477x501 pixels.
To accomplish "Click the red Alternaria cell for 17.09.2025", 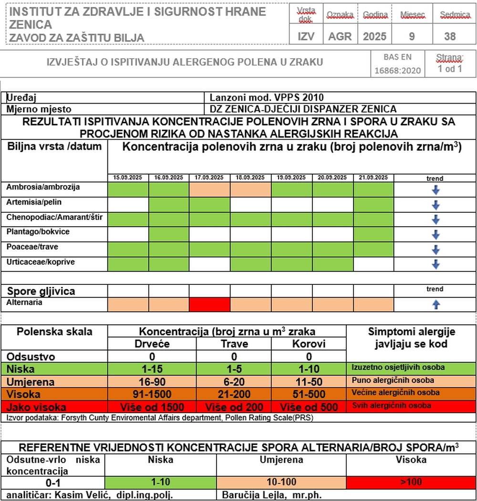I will pyautogui.click(x=209, y=304).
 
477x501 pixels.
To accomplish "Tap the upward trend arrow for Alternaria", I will pyautogui.click(x=435, y=305).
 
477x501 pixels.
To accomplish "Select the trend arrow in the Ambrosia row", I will pyautogui.click(x=435, y=190).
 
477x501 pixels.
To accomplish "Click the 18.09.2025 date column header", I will pyautogui.click(x=250, y=177).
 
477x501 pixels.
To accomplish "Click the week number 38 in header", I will pyautogui.click(x=449, y=36).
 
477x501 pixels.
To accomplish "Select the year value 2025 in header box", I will pyautogui.click(x=374, y=36).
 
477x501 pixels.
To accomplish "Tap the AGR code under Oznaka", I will pyautogui.click(x=340, y=36).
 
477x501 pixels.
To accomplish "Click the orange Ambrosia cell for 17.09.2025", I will pyautogui.click(x=209, y=189).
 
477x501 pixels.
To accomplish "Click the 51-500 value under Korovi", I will pyautogui.click(x=309, y=394).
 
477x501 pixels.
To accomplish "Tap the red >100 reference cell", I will pyautogui.click(x=411, y=482).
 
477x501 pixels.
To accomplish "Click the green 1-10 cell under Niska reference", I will pyautogui.click(x=160, y=482).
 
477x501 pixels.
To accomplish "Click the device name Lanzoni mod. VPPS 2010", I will pyautogui.click(x=270, y=98).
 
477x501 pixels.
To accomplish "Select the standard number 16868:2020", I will pyautogui.click(x=397, y=70).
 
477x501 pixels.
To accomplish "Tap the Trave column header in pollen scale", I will pyautogui.click(x=234, y=344).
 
